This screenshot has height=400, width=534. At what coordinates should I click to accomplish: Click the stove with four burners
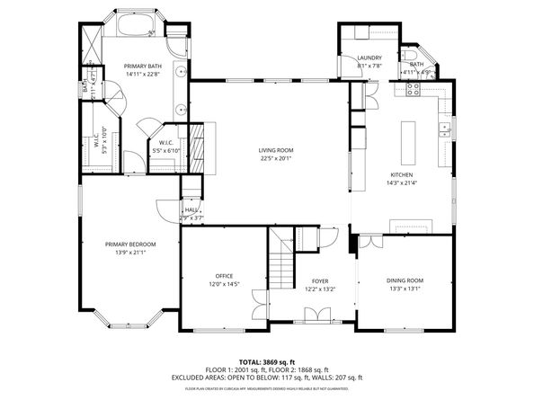(x=415, y=88)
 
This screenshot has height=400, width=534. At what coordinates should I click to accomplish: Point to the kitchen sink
(x=443, y=129)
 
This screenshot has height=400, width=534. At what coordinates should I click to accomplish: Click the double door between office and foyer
(x=259, y=304)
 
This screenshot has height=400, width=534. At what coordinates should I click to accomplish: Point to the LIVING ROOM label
(x=277, y=150)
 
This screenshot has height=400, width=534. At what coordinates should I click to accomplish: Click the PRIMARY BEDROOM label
(x=130, y=244)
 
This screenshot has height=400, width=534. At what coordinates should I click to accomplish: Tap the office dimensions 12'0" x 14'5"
(x=224, y=284)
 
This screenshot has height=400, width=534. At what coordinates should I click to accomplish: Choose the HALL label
(x=191, y=209)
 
